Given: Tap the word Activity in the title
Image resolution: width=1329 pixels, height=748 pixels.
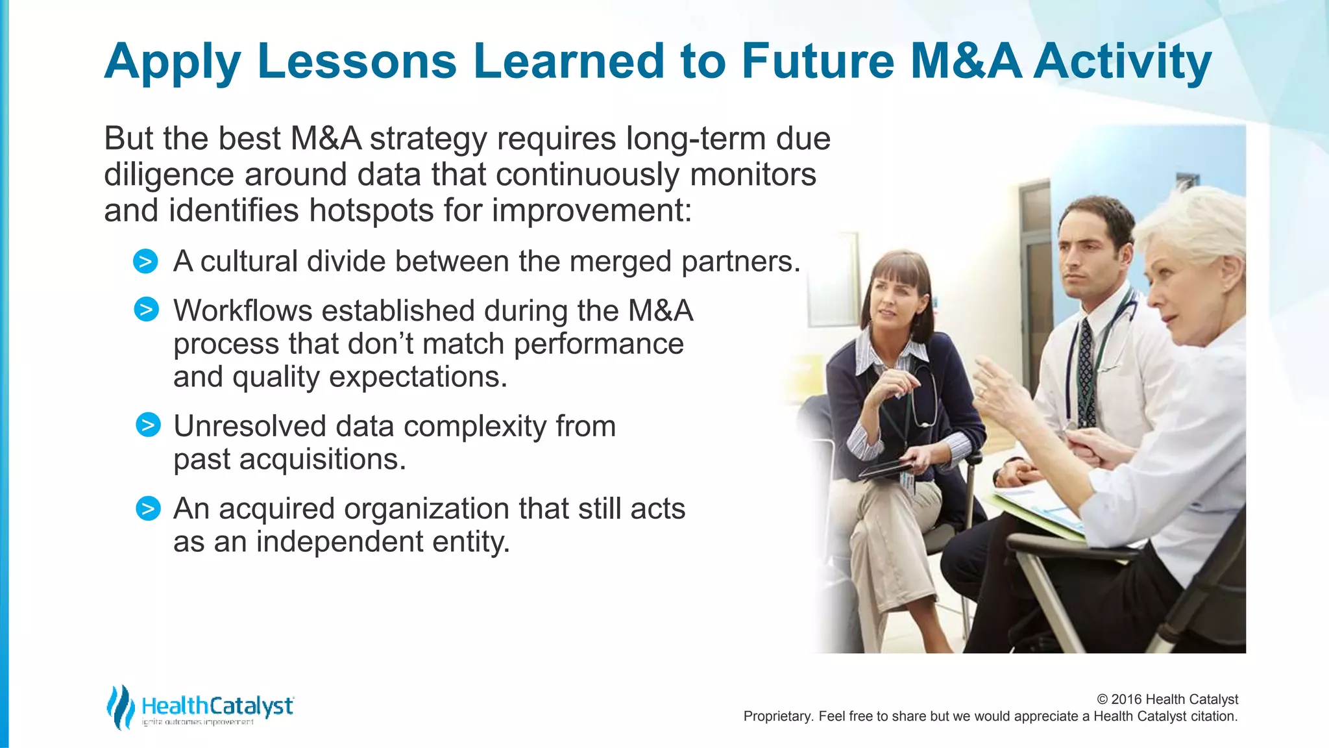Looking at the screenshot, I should coord(1122,61).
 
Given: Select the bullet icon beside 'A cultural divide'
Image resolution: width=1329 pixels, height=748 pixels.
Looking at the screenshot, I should coord(145,262).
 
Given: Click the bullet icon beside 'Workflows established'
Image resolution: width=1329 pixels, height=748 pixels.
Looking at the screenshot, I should coord(146,310).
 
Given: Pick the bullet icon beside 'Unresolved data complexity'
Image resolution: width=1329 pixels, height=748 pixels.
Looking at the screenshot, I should coord(148,425).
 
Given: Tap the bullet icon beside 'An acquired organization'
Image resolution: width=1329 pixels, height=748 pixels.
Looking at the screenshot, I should coord(148,508).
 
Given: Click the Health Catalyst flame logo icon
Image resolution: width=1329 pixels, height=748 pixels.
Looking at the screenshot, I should coord(120,707).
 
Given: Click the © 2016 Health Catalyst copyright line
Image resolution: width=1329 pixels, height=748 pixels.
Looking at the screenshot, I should coord(1167,699).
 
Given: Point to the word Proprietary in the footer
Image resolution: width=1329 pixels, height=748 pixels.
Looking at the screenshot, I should coord(777,717).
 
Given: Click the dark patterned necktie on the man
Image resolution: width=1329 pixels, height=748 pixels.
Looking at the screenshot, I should coord(1084,370).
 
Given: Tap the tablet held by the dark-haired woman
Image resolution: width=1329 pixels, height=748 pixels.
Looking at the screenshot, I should coord(889,469).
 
